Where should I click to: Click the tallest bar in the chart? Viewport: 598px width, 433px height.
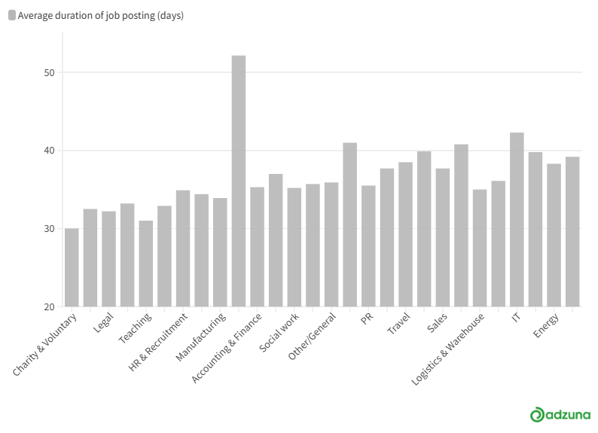pyautogui.click(x=239, y=181)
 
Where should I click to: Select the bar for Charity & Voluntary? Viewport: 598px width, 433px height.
pyautogui.click(x=72, y=267)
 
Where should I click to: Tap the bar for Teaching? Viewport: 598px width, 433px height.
pyautogui.click(x=146, y=264)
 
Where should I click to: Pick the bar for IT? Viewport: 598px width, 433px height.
pyautogui.click(x=517, y=220)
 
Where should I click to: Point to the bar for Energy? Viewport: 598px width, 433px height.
pyautogui.click(x=554, y=235)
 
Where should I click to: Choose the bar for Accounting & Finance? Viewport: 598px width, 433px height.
pyautogui.click(x=257, y=247)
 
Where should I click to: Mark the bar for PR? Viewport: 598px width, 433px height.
pyautogui.click(x=368, y=246)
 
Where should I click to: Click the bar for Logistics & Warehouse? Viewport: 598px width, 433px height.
pyautogui.click(x=480, y=249)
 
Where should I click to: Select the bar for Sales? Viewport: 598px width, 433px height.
pyautogui.click(x=442, y=237)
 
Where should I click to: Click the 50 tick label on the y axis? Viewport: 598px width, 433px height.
pyautogui.click(x=50, y=73)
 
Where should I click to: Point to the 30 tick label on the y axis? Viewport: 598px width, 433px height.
pyautogui.click(x=50, y=229)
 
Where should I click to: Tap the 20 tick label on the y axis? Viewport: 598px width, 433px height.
pyautogui.click(x=50, y=306)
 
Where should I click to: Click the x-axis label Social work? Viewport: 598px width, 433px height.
pyautogui.click(x=279, y=332)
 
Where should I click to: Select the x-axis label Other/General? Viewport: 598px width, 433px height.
pyautogui.click(x=312, y=336)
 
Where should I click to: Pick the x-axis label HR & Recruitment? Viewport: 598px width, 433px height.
pyautogui.click(x=158, y=342)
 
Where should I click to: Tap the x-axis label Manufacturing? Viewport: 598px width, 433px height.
pyautogui.click(x=200, y=337)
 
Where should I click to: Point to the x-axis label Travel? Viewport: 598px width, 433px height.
pyautogui.click(x=398, y=323)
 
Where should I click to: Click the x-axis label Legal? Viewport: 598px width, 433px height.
pyautogui.click(x=103, y=322)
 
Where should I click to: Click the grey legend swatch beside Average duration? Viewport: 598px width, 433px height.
pyautogui.click(x=12, y=15)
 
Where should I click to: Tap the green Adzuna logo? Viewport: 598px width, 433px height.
pyautogui.click(x=560, y=414)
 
